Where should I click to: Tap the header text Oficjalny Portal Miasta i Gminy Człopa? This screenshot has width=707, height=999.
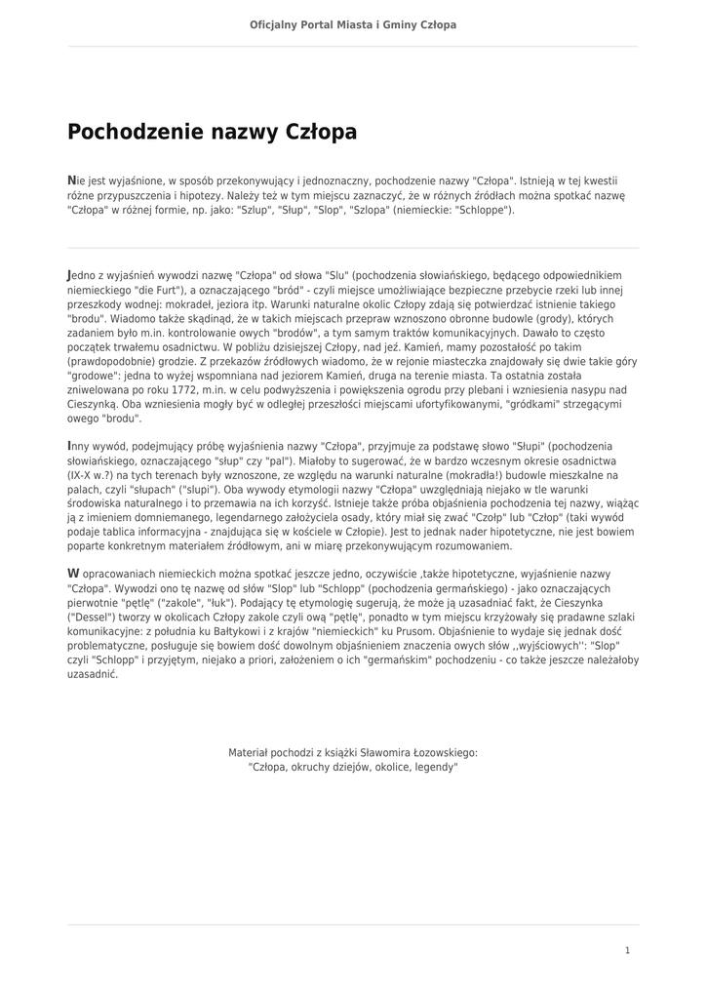pyautogui.click(x=353, y=24)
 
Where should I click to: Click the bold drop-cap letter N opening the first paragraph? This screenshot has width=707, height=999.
pyautogui.click(x=70, y=180)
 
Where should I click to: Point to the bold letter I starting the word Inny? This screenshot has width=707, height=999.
pyautogui.click(x=68, y=446)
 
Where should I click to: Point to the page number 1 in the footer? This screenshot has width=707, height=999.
pyautogui.click(x=628, y=950)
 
